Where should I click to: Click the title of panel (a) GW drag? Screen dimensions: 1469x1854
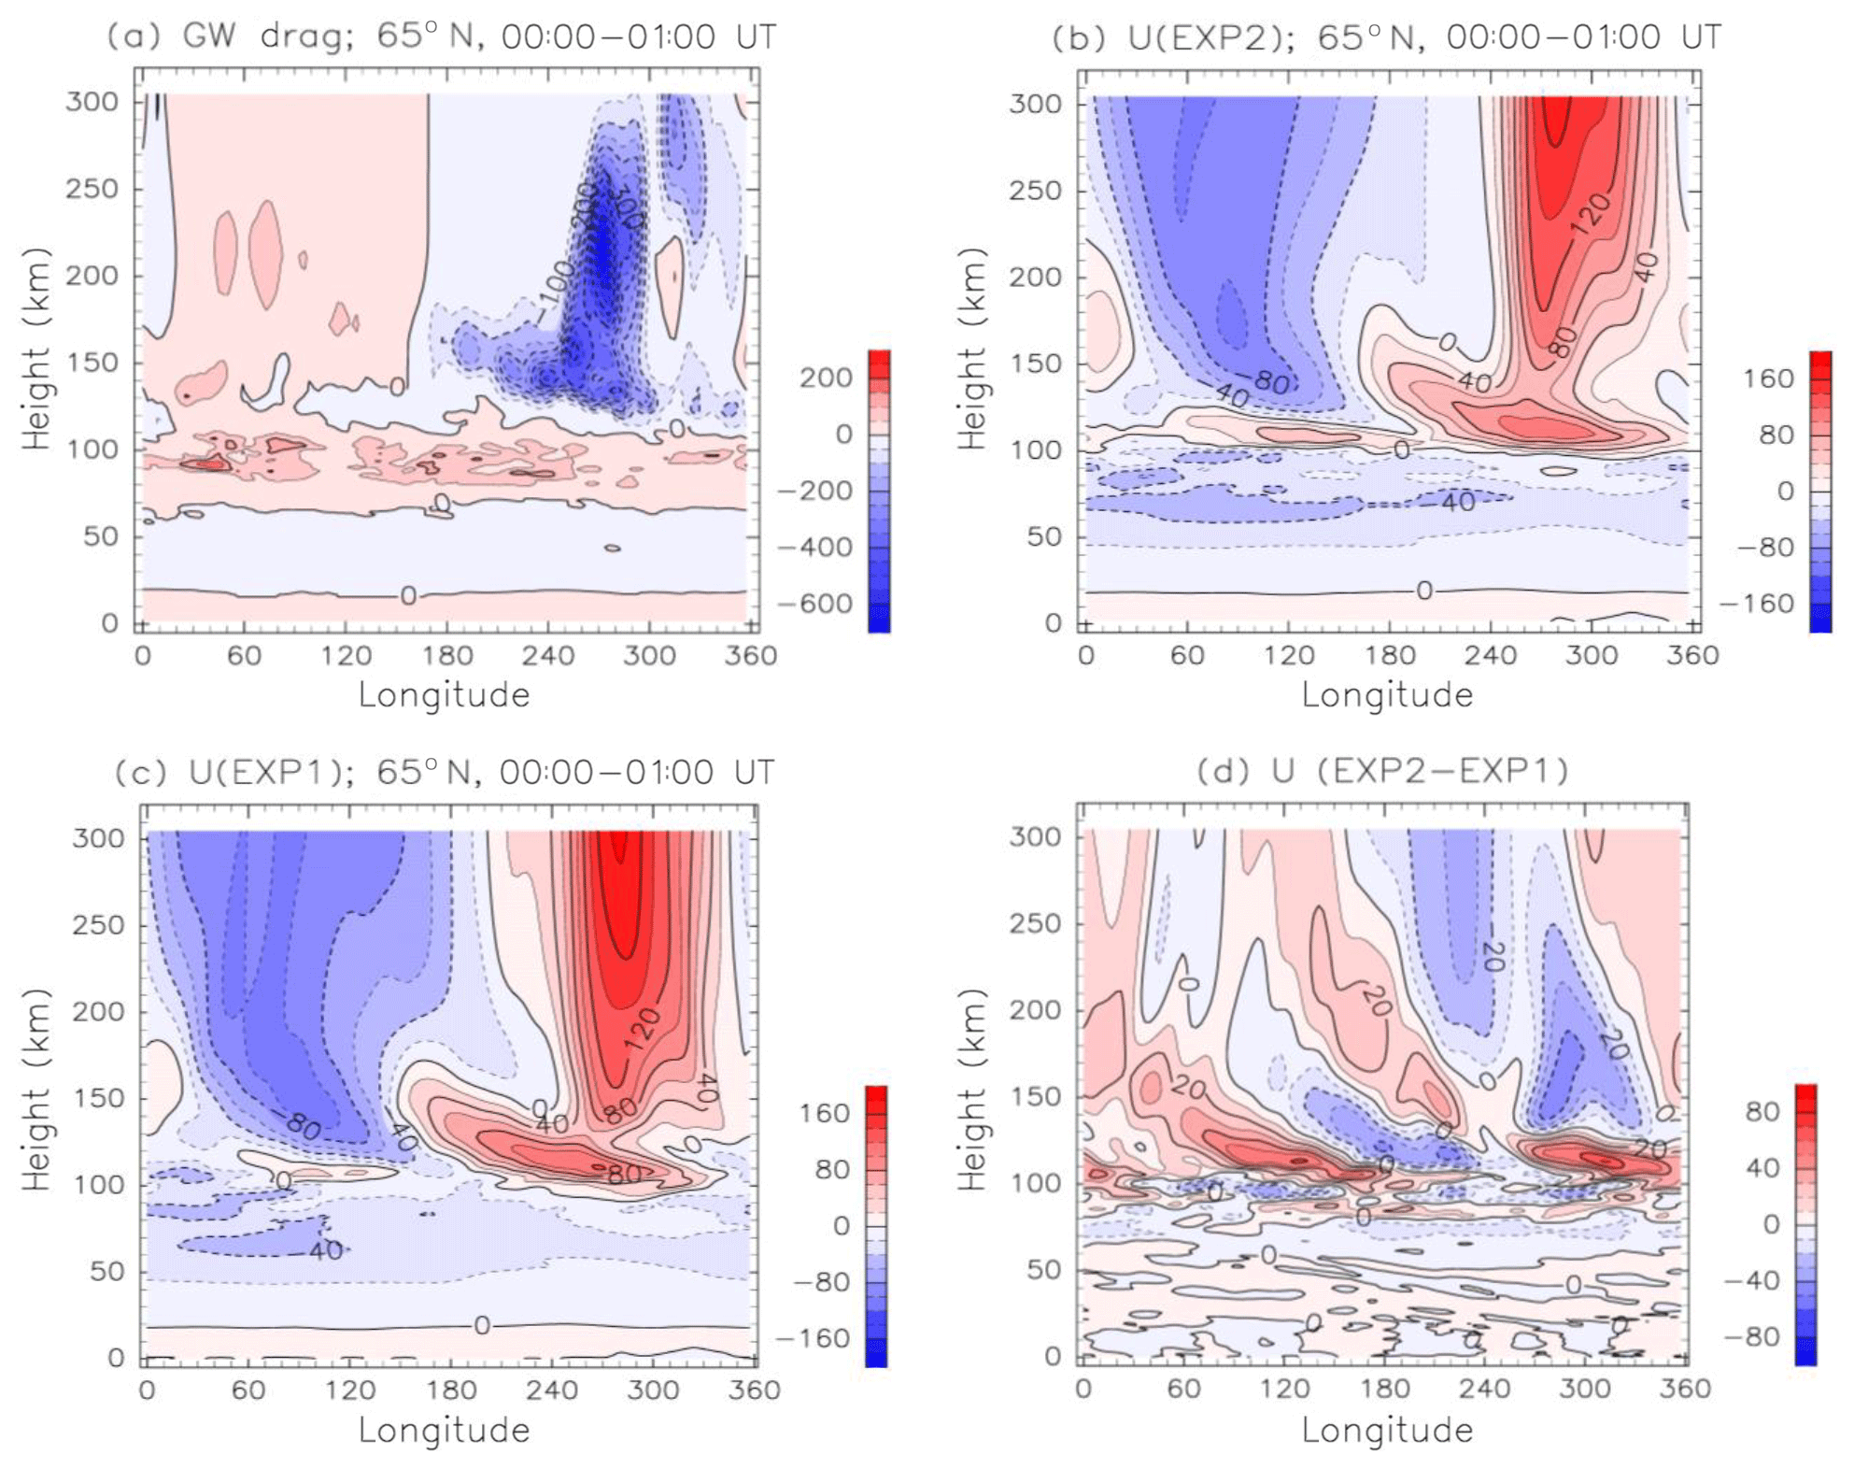pyautogui.click(x=440, y=37)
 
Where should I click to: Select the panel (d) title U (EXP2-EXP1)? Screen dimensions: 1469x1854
pyautogui.click(x=1382, y=772)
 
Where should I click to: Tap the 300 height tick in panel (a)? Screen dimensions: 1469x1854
pyautogui.click(x=92, y=101)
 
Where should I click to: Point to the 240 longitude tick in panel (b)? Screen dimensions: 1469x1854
pyautogui.click(x=1491, y=655)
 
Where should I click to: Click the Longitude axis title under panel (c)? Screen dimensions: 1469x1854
pyautogui.click(x=444, y=1431)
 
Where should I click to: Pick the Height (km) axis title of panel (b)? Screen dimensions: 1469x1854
pyautogui.click(x=972, y=348)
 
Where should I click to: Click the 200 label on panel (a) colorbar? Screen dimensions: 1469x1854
pyautogui.click(x=826, y=378)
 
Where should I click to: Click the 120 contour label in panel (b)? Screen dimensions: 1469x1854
pyautogui.click(x=1591, y=213)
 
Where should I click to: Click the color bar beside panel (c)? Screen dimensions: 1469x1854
pyautogui.click(x=876, y=1226)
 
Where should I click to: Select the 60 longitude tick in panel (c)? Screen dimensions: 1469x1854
pyautogui.click(x=248, y=1391)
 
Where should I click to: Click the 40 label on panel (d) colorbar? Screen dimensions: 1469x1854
pyautogui.click(x=1762, y=1168)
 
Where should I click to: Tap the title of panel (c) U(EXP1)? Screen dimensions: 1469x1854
pyautogui.click(x=444, y=773)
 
